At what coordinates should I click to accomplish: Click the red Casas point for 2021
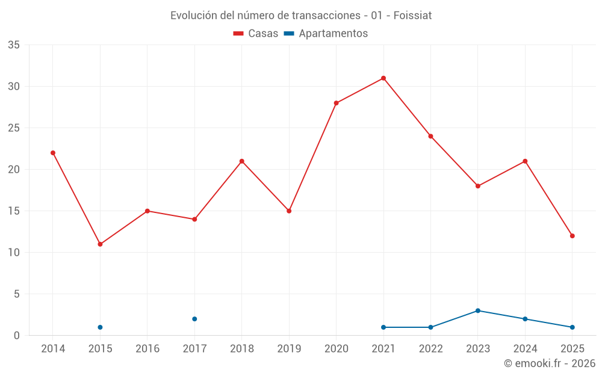click(x=383, y=78)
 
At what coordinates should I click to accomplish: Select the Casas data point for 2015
click(x=100, y=244)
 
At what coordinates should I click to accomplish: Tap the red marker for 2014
click(x=53, y=153)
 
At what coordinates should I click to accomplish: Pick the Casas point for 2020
click(x=336, y=103)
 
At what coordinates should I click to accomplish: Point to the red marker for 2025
click(x=572, y=236)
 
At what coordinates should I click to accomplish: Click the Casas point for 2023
click(x=478, y=186)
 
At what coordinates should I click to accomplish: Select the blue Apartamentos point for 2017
click(x=194, y=319)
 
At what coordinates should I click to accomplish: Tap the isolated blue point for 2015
click(x=100, y=327)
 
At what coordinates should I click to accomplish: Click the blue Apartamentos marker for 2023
click(x=478, y=310)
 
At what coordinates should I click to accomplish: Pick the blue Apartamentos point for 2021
click(x=383, y=327)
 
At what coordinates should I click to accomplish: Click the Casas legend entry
click(x=256, y=34)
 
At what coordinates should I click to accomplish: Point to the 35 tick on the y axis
click(x=14, y=45)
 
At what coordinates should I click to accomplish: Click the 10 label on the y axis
click(x=14, y=253)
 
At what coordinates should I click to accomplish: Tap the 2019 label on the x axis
click(x=289, y=348)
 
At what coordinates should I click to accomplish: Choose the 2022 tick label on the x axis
click(x=430, y=348)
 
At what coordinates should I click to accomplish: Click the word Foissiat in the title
click(x=412, y=16)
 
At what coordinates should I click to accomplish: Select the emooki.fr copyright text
click(x=550, y=363)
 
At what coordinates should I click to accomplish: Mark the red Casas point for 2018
click(x=241, y=161)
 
